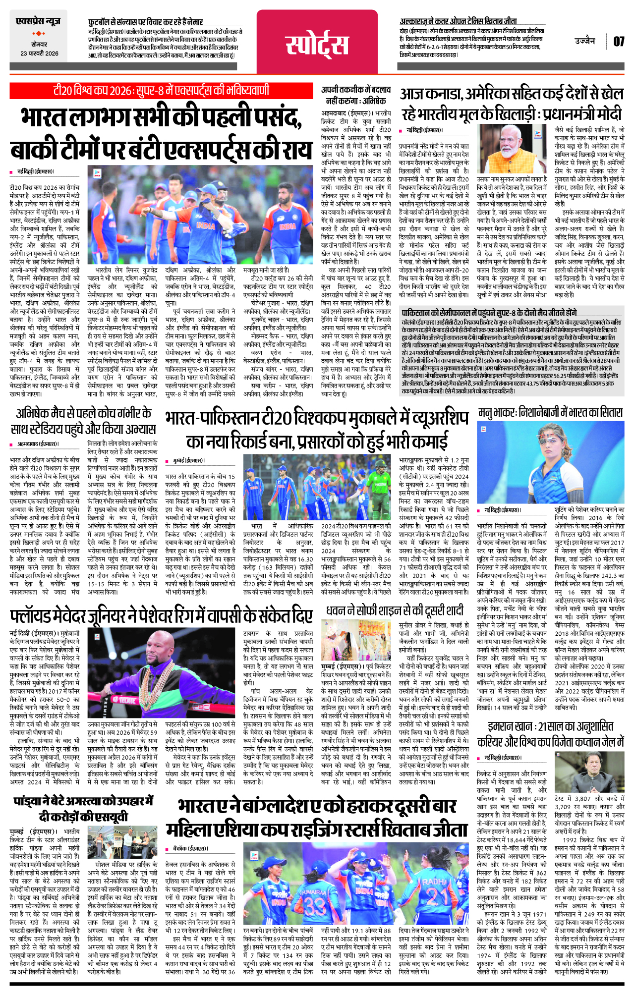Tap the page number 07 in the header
tap(619, 42)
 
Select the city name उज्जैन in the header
tap(585, 41)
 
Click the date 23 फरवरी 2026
tap(39, 54)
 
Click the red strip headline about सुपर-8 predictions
tap(162, 91)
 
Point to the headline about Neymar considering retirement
tap(146, 22)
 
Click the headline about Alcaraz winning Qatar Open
tap(459, 22)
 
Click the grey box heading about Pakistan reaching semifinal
tap(489, 313)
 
